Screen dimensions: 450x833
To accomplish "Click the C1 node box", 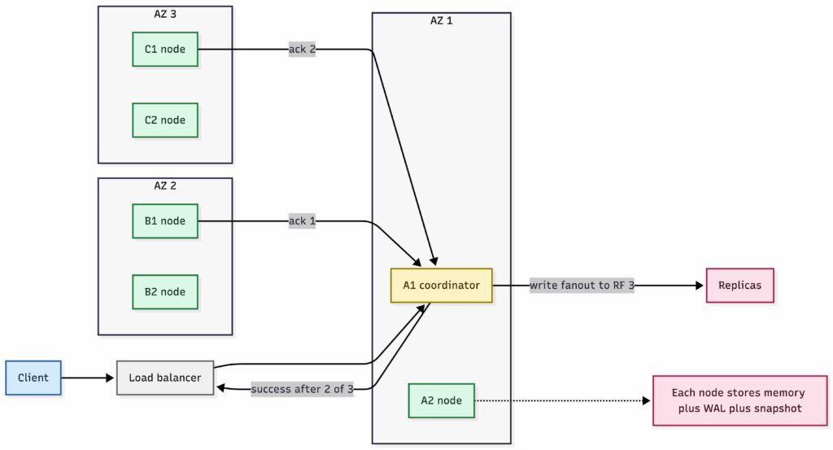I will click(x=165, y=50).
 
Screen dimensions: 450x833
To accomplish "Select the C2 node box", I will click(x=165, y=120).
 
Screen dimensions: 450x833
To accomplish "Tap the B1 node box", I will click(x=165, y=221).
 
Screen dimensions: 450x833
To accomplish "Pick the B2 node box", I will click(x=165, y=291).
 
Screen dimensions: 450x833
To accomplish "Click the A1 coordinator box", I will click(x=441, y=286).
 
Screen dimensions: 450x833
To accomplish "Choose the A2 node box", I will click(x=441, y=400).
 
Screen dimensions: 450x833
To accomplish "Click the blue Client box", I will click(x=33, y=378).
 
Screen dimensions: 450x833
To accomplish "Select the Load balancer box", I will click(x=165, y=378).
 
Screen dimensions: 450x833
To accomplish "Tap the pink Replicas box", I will click(x=739, y=286).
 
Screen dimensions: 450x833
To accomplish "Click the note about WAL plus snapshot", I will click(x=738, y=400).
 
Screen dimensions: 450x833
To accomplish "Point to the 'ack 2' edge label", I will click(x=302, y=50).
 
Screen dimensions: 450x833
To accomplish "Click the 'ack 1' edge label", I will click(x=302, y=221).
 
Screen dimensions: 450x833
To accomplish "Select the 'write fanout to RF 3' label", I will click(x=581, y=286).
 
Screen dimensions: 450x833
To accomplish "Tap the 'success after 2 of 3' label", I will click(x=303, y=389).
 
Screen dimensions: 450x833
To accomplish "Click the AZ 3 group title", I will click(x=165, y=14).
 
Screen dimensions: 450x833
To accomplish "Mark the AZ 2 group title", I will click(x=165, y=186).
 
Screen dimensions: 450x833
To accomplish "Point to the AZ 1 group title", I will click(x=441, y=20).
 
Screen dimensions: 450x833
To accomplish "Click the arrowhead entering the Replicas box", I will click(x=700, y=286).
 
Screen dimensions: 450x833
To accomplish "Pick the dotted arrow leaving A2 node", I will click(x=561, y=400).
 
